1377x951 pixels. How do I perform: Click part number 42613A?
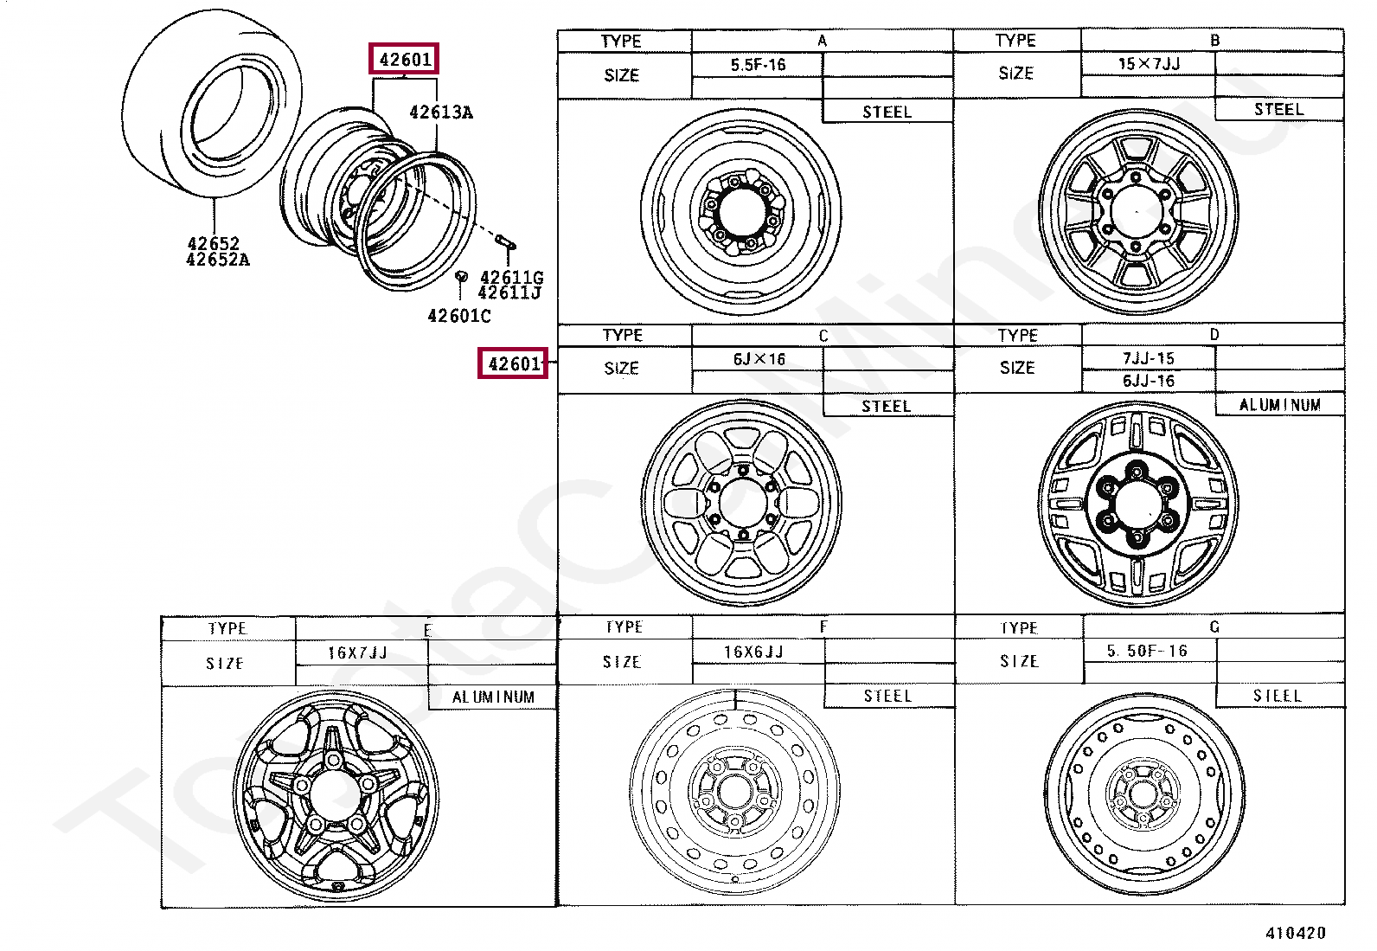click(x=440, y=112)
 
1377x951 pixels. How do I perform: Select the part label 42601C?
click(x=458, y=316)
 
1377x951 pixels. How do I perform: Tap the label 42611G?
click(x=511, y=277)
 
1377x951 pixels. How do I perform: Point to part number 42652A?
click(x=217, y=260)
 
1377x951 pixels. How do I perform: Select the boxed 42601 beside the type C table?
click(x=514, y=363)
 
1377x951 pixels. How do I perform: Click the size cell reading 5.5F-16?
click(x=757, y=65)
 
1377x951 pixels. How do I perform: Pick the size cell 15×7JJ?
click(x=1149, y=63)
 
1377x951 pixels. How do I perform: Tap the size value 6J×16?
click(x=759, y=358)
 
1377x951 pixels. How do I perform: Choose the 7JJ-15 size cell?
click(x=1148, y=358)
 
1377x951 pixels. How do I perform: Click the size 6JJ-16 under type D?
click(x=1148, y=381)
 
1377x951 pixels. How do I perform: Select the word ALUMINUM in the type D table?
click(x=1279, y=404)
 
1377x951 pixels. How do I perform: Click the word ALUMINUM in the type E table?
click(x=493, y=697)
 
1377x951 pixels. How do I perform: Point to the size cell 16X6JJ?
click(x=753, y=652)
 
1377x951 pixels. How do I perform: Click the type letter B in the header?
click(x=1214, y=40)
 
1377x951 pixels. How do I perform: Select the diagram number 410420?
click(x=1295, y=933)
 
